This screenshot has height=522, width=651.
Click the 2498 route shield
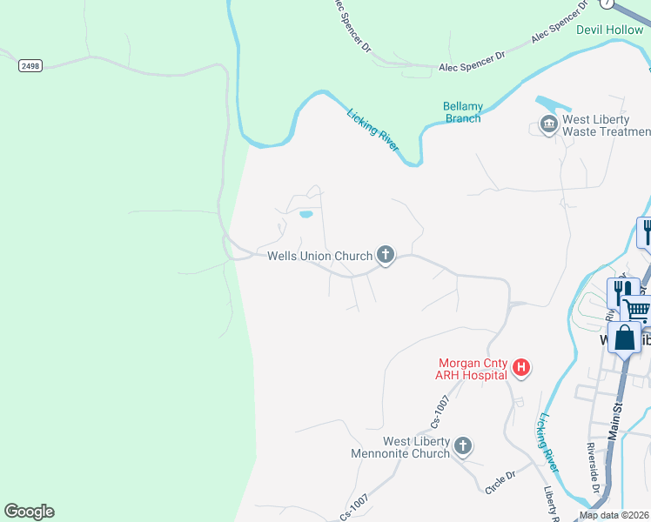point(30,65)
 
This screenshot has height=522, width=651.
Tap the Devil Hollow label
point(609,30)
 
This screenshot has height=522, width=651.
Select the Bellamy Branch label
point(462,112)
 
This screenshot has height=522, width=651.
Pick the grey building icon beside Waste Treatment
point(548,125)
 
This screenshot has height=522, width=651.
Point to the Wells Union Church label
point(319,256)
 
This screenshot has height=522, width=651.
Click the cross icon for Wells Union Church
point(386,255)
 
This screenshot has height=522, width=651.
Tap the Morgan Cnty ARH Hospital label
point(472,369)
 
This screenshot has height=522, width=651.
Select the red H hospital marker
point(521,368)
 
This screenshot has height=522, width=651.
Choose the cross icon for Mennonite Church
point(463,446)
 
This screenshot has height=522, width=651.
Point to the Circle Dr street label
point(500,483)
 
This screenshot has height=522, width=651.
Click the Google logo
point(29,512)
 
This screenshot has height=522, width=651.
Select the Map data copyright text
point(614,515)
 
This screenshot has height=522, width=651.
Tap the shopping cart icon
point(638,309)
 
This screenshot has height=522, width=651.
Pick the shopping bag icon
point(625,338)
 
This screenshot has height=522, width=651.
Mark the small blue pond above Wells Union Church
point(305,214)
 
